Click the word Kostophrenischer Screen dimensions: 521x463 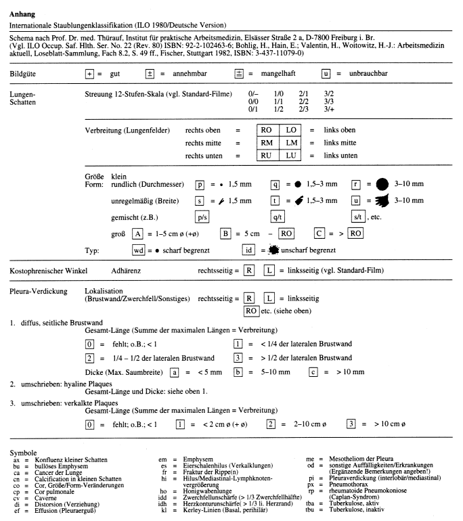[x=35, y=270]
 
